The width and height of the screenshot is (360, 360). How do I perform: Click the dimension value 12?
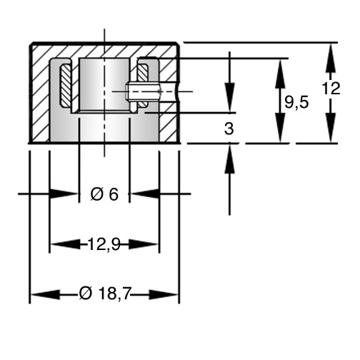coord(331,89)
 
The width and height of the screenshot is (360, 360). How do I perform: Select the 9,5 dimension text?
coord(296,102)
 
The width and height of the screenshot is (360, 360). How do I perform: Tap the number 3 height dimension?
coord(229,129)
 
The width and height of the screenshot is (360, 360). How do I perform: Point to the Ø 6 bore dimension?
coord(104,194)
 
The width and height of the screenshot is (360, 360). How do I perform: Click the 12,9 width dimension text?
coord(104,244)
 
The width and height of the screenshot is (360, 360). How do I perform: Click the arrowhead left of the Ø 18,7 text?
coord(46,295)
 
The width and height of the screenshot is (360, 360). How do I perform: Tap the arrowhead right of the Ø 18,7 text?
coord(164,295)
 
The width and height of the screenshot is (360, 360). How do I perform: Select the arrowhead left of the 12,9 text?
coord(66,244)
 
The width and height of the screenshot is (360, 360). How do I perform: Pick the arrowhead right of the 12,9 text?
coord(144,244)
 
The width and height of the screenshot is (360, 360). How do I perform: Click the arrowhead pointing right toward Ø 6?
coord(64,194)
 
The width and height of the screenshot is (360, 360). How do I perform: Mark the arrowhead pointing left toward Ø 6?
coord(146,194)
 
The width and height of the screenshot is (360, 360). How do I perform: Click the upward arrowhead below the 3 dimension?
coord(229,159)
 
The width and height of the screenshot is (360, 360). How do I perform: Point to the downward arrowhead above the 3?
coord(229,97)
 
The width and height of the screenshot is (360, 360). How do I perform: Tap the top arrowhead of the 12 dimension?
coord(331,58)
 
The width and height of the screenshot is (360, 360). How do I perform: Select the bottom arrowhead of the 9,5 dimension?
coord(281,128)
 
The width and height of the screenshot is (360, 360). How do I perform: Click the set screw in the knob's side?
coord(144,91)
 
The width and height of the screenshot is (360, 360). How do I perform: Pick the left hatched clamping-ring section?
coord(65,85)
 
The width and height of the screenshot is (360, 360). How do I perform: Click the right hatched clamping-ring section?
coord(143,85)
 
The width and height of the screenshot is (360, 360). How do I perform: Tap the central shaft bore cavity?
coord(104,84)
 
